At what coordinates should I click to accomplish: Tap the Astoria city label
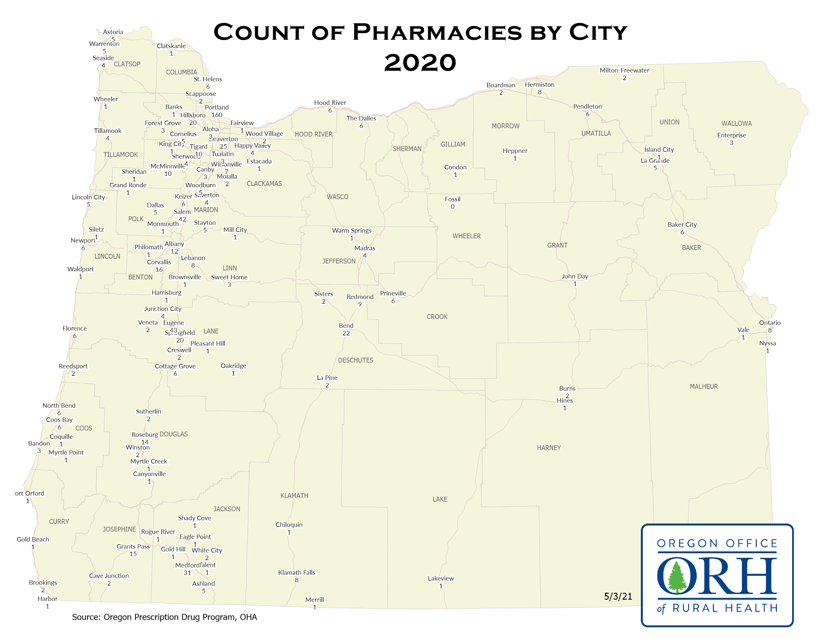click(113, 32)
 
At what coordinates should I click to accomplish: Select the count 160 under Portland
click(217, 115)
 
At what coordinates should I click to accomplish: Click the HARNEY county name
click(549, 448)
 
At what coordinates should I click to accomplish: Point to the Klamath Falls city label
click(297, 572)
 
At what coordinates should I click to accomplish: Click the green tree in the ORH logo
click(676, 578)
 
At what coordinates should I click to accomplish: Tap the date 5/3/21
click(618, 597)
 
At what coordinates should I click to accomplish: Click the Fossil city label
click(453, 199)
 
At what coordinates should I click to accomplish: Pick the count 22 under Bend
click(346, 333)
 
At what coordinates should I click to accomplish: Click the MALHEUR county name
click(704, 386)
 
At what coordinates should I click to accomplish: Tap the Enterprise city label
click(731, 135)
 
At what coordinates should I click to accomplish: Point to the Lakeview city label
click(441, 579)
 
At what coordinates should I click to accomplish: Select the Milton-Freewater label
click(624, 70)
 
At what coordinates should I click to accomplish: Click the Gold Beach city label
click(33, 539)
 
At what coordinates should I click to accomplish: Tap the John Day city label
click(575, 276)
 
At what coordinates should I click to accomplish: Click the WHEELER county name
click(466, 236)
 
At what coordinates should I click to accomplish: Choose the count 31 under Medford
click(187, 573)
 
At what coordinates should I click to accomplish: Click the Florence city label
click(75, 328)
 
